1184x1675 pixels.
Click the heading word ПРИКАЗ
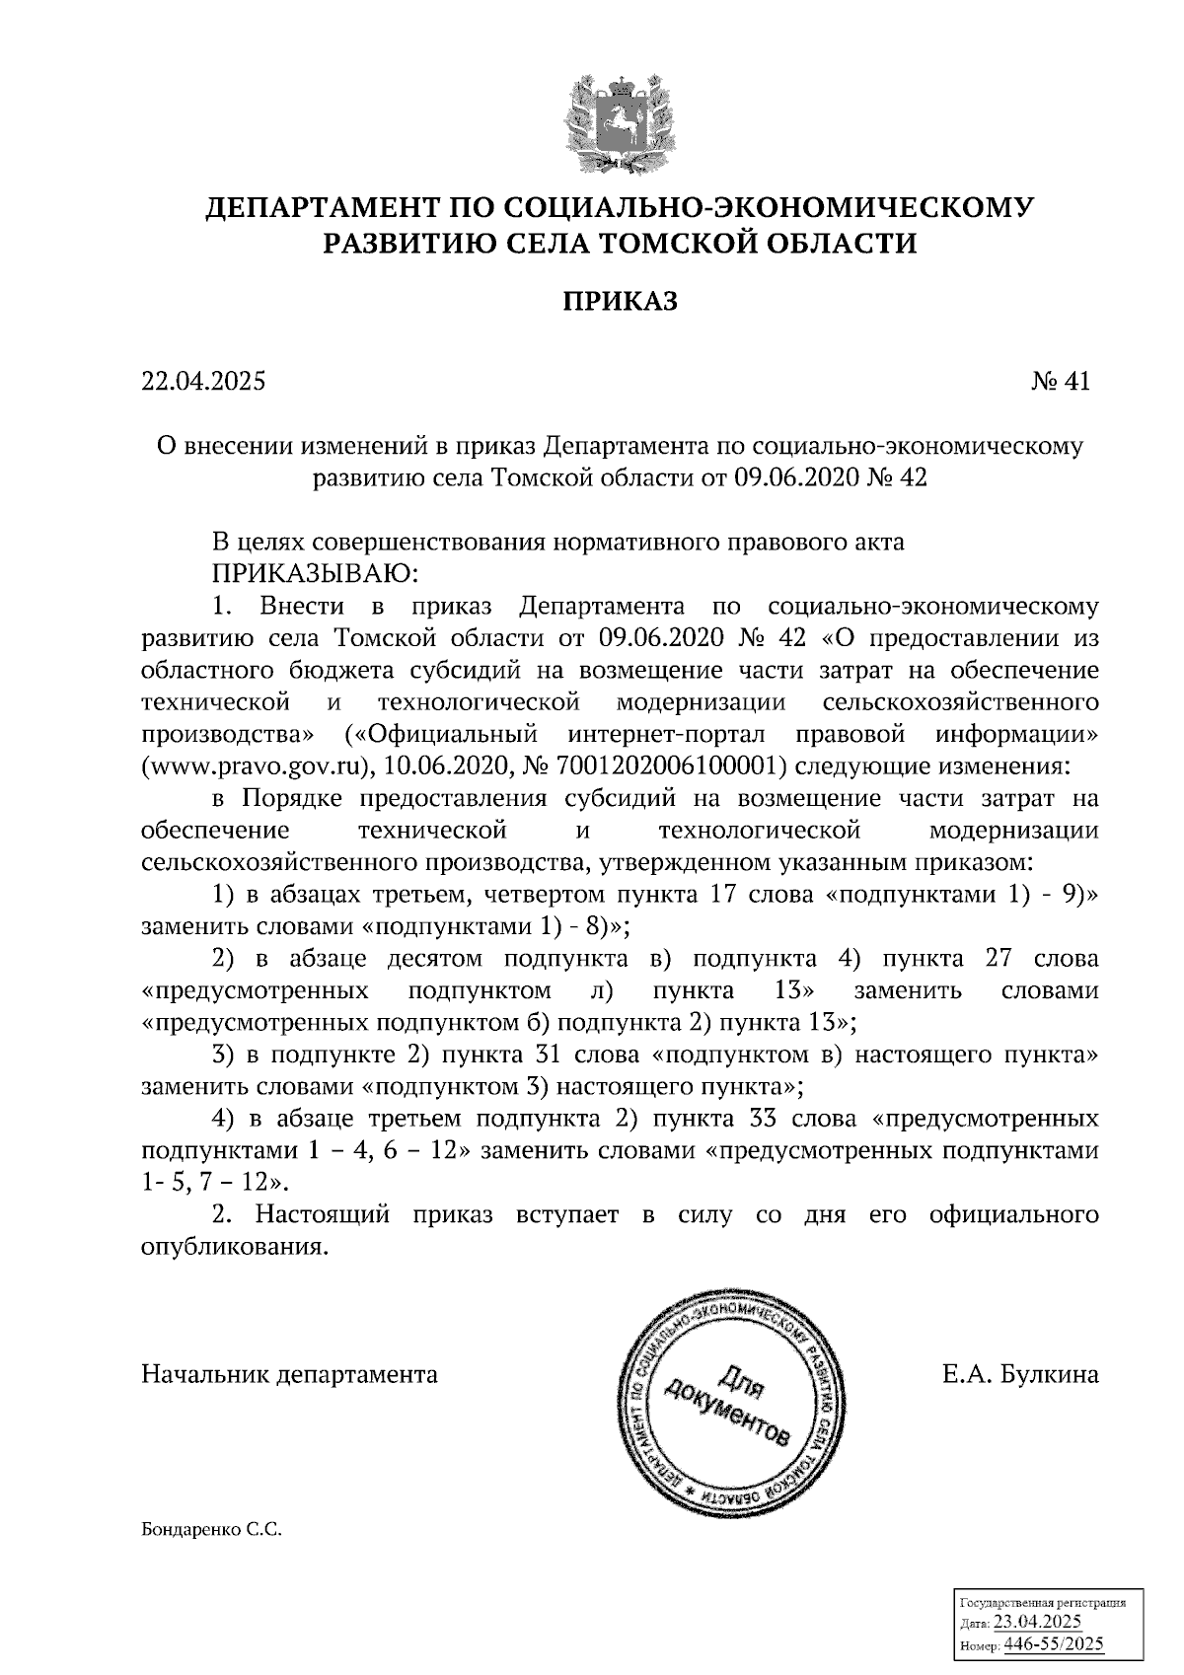[x=620, y=301]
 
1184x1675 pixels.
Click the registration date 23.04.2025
[x=1037, y=1623]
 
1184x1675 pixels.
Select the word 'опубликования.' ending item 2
[x=234, y=1246]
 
